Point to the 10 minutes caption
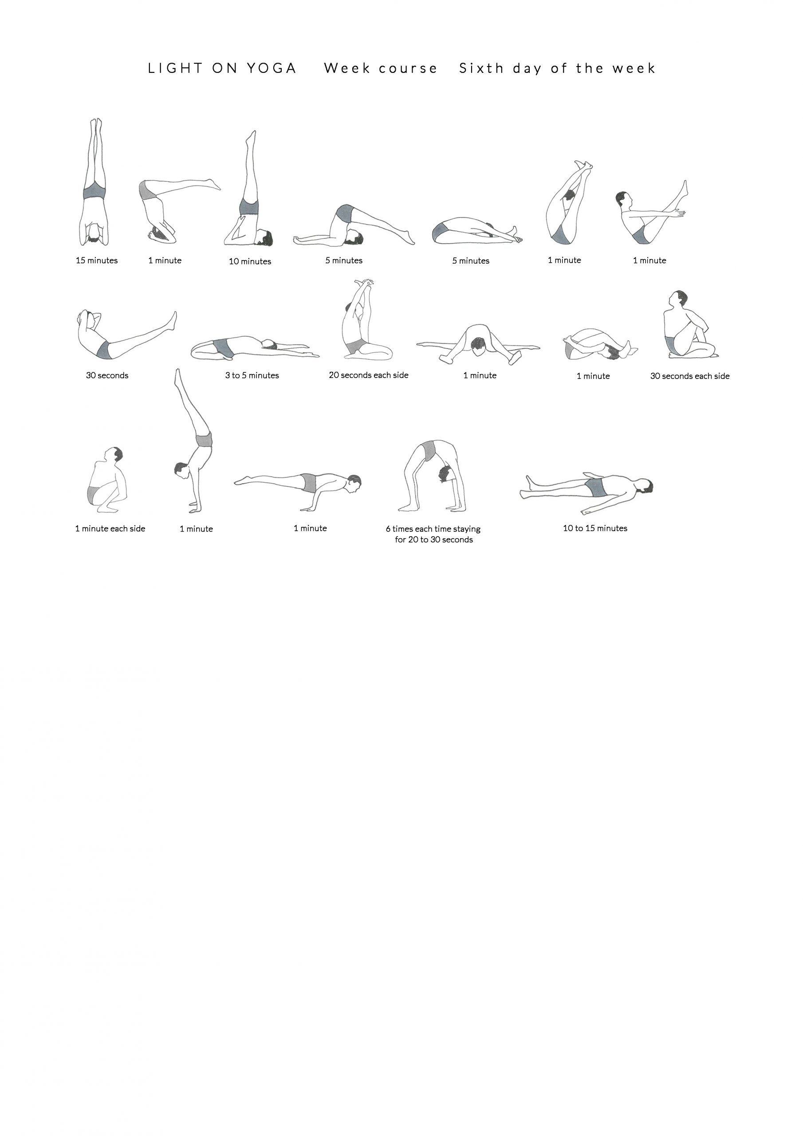(x=250, y=261)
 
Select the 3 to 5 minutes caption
(x=252, y=375)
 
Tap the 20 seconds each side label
(x=369, y=375)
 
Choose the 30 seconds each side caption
(x=690, y=376)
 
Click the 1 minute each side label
(x=110, y=529)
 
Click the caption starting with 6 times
(x=433, y=534)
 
